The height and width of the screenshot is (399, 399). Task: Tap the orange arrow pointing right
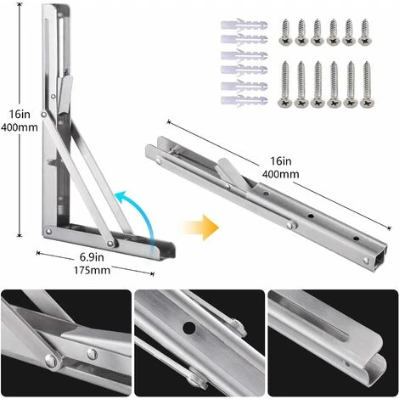[200, 228]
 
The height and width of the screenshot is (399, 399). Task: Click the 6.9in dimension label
[92, 257]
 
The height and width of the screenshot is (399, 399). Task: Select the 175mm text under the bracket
[92, 270]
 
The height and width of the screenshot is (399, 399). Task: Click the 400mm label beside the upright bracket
[20, 127]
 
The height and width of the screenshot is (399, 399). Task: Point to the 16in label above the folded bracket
[281, 161]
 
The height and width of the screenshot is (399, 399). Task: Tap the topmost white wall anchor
[244, 25]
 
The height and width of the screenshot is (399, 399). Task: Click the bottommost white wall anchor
[244, 100]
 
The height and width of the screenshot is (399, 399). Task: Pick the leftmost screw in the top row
[286, 32]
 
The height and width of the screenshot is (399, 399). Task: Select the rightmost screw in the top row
[365, 32]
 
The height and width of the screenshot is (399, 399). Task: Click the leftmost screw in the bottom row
[285, 84]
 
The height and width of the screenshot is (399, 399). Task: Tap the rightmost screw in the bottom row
[368, 84]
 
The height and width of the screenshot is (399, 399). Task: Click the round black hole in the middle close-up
[189, 328]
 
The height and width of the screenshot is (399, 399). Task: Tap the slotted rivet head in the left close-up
[92, 354]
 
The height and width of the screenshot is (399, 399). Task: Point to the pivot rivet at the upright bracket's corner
[48, 232]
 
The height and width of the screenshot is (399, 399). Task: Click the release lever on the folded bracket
[232, 173]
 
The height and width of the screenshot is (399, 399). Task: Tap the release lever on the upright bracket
[65, 93]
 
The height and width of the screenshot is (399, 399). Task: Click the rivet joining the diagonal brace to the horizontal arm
[110, 243]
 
